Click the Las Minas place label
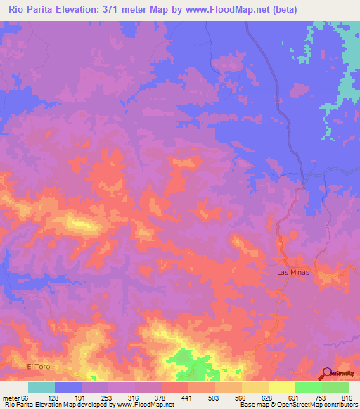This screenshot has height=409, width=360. pyautogui.click(x=292, y=272)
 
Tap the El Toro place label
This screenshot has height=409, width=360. pyautogui.click(x=39, y=367)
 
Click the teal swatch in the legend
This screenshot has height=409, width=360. pyautogui.click(x=41, y=387)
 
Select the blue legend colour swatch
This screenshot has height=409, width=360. pyautogui.click(x=68, y=387)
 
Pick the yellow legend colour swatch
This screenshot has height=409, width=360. pyautogui.click(x=281, y=387)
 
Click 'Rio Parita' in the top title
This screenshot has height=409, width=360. pyautogui.click(x=32, y=10)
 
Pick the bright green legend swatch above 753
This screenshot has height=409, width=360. pyautogui.click(x=308, y=387)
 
